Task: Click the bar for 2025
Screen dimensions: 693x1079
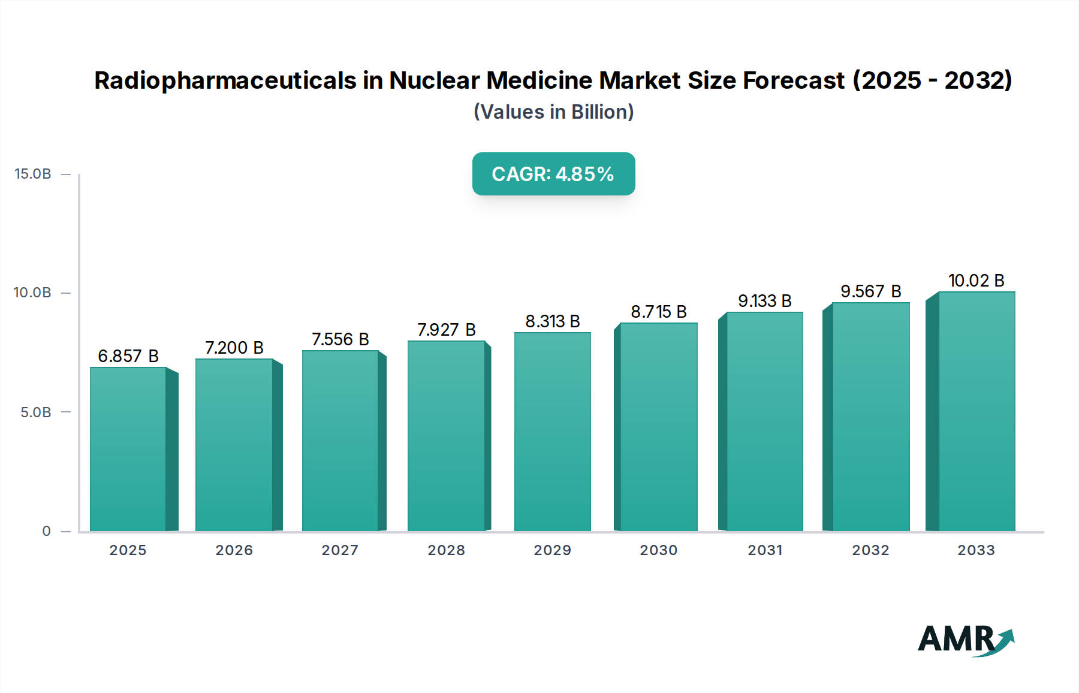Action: tap(128, 450)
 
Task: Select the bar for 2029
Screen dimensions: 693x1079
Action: tap(552, 432)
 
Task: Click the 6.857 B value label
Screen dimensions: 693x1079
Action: tap(128, 356)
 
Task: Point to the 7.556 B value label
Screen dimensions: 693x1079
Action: tap(340, 339)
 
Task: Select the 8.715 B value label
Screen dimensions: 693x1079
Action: tap(658, 312)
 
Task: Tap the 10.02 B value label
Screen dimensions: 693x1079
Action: tap(976, 281)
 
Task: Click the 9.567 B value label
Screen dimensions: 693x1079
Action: tap(870, 291)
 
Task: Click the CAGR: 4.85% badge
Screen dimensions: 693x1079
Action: tap(553, 174)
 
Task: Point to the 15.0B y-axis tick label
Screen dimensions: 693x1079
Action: tap(33, 174)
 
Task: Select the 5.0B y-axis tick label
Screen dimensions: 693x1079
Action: tap(36, 412)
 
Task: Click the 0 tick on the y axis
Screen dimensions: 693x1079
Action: tap(47, 531)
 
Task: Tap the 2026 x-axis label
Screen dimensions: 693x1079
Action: tap(234, 550)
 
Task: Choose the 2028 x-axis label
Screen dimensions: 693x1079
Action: tap(446, 550)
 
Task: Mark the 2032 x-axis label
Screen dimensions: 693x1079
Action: tap(870, 550)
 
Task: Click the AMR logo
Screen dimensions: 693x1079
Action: tap(965, 640)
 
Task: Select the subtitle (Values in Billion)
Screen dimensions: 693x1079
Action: tap(553, 112)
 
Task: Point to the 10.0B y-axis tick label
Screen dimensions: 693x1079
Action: tap(33, 293)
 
